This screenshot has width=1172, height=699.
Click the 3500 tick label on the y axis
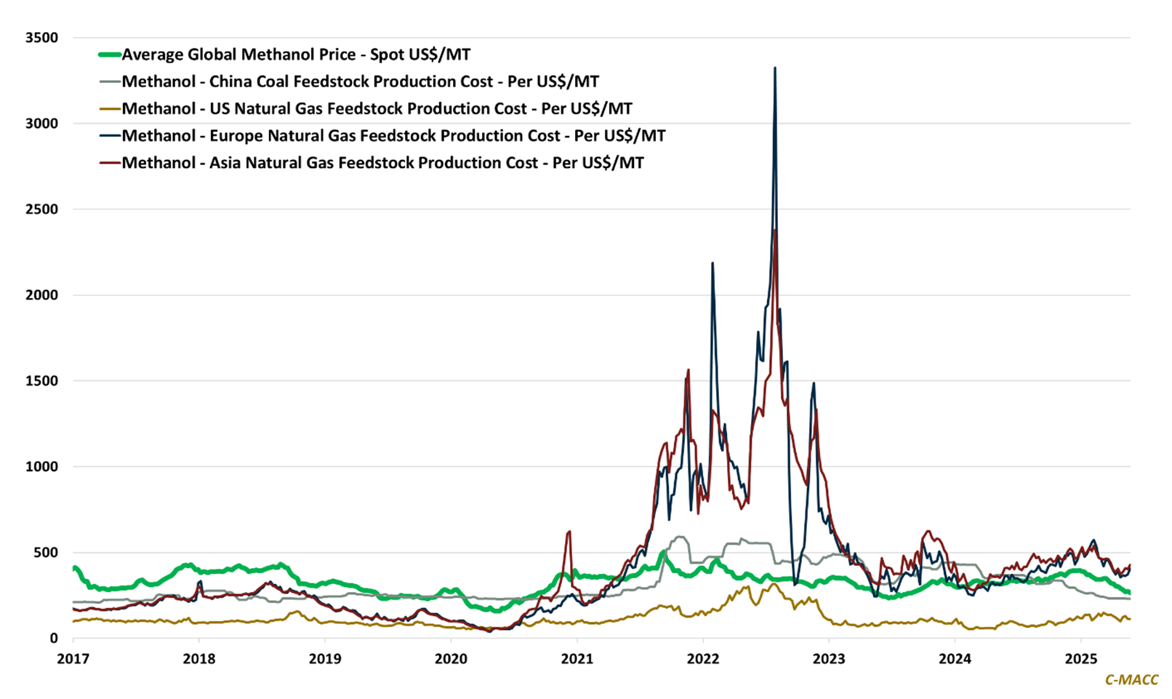tap(41, 38)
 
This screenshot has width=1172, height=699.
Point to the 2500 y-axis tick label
tap(41, 209)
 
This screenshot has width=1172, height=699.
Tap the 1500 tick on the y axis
tap(41, 381)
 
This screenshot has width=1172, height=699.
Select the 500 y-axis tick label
tap(45, 553)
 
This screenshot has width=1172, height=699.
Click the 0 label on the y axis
tap(54, 639)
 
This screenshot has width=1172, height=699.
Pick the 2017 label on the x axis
tap(73, 659)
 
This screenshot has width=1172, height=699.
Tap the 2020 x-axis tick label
tap(451, 659)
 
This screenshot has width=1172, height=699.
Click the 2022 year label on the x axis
tap(703, 659)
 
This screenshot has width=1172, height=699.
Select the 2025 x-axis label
tap(1080, 659)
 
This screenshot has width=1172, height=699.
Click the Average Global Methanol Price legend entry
tap(296, 55)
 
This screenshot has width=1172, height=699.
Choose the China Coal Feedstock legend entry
tap(360, 81)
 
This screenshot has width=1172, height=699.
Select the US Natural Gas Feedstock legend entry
tap(377, 108)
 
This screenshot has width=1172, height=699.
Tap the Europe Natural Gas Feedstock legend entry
tap(393, 135)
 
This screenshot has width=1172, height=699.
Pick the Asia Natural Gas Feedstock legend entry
tap(382, 162)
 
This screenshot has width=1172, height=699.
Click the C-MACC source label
tap(1131, 680)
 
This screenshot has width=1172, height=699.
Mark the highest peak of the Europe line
tap(775, 68)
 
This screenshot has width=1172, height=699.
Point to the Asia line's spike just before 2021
tap(569, 532)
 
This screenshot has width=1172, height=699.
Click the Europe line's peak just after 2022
tap(713, 263)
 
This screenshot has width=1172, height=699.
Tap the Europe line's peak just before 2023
tap(814, 383)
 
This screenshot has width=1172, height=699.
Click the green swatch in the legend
tap(110, 55)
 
